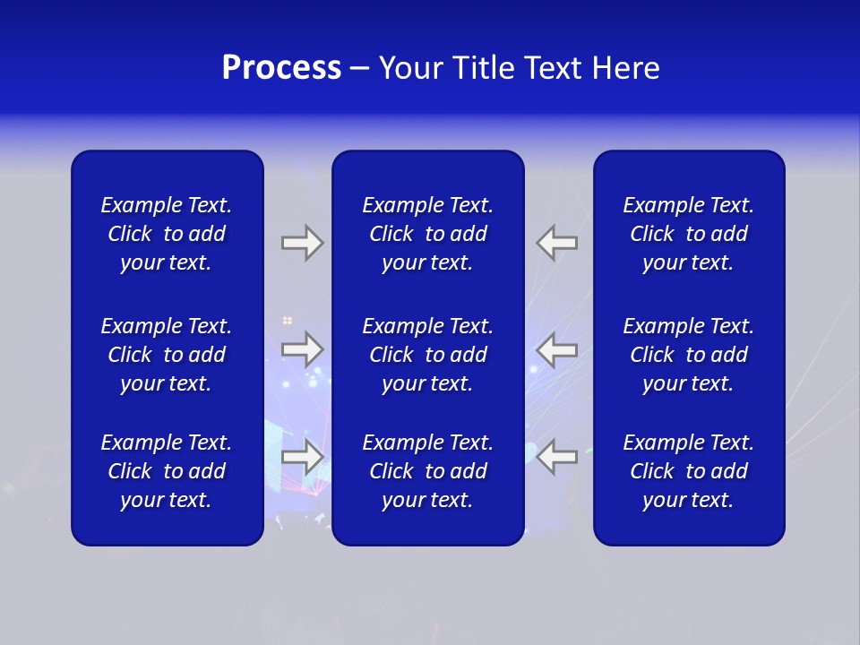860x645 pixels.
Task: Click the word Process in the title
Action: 281,68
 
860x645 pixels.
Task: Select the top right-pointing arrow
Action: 302,243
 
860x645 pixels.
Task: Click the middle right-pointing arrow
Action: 302,349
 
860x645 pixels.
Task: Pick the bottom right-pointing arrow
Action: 302,456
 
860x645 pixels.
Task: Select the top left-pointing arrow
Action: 557,243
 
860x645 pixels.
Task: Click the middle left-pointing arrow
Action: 557,349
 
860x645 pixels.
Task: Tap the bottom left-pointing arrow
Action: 557,456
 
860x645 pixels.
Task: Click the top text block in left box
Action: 167,234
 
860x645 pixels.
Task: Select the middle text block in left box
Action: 167,355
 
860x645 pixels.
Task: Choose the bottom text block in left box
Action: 167,471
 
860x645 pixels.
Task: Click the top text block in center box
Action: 427,234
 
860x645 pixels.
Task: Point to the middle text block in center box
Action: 427,355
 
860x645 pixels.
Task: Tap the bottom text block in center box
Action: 427,471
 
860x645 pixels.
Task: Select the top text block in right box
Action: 688,234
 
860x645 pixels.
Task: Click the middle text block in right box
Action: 688,355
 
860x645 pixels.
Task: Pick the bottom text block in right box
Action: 688,471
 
